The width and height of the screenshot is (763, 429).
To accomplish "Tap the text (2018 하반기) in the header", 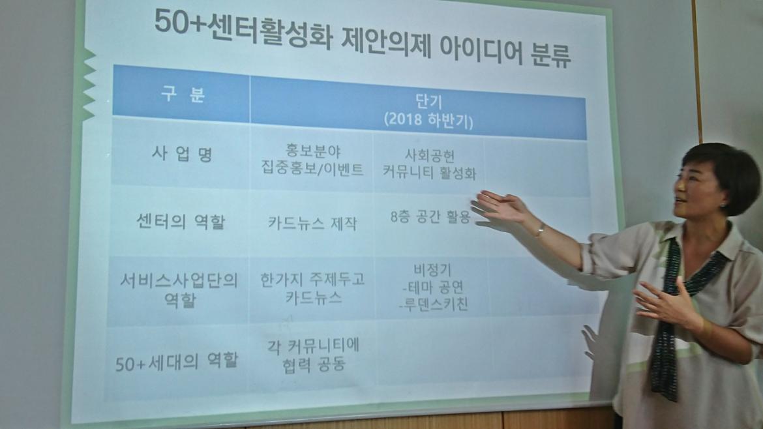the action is coord(428,120).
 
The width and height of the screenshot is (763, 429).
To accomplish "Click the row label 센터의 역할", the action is coord(181,222).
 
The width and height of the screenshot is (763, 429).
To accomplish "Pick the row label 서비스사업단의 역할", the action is coord(179,290).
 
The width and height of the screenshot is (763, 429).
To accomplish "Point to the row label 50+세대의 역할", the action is coord(177,361).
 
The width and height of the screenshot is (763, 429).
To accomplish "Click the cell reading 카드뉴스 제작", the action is coord(312,223).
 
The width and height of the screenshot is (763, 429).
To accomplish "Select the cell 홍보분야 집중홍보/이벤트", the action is coord(312,160).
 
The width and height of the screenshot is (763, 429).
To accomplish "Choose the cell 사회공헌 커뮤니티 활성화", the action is coord(429,164).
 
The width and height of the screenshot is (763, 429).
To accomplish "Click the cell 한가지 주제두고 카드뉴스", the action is coord(312,288).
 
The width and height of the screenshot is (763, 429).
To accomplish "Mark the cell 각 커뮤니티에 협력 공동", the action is coord(314,355).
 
